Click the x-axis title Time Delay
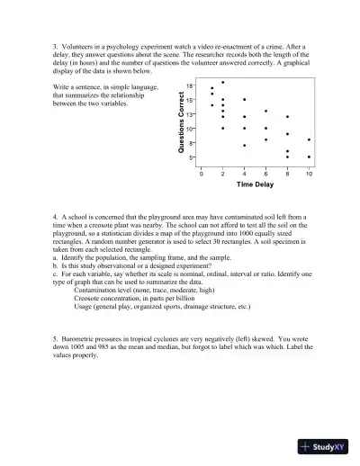(x=255, y=184)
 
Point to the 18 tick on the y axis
(x=190, y=85)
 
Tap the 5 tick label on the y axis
(x=192, y=157)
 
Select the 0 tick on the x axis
(x=202, y=172)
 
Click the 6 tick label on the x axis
(x=266, y=172)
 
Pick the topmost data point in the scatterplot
(x=223, y=82)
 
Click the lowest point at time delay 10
(x=310, y=157)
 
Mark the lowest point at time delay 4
(x=244, y=145)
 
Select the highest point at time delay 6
(x=266, y=112)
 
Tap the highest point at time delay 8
(x=288, y=117)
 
